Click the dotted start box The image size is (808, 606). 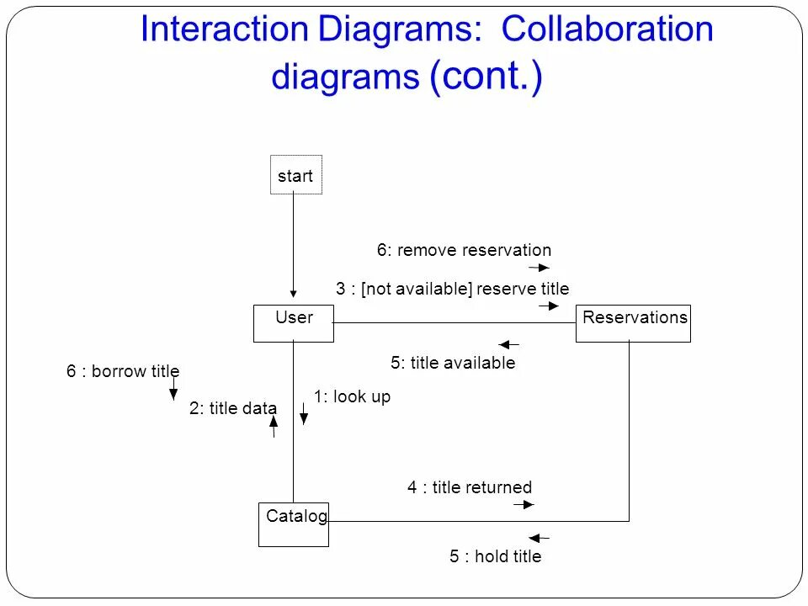[295, 175]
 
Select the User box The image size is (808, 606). [294, 323]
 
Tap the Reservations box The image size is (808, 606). [633, 323]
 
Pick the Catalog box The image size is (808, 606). [294, 523]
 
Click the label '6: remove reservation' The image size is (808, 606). [464, 250]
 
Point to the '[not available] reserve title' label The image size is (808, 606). [465, 289]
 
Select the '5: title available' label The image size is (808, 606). [453, 363]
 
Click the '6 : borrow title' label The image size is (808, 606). [123, 371]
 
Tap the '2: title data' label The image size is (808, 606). [233, 408]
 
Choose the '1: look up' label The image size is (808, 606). [352, 396]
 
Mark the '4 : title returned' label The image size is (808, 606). [470, 487]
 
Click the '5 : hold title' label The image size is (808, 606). [495, 556]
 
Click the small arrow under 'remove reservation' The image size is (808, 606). [540, 268]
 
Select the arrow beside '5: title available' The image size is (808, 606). [509, 344]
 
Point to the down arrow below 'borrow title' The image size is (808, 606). [173, 389]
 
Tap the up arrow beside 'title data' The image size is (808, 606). [274, 426]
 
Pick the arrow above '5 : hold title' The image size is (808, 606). [539, 537]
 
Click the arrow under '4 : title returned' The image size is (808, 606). [524, 505]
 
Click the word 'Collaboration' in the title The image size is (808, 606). [608, 30]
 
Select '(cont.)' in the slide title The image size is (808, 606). [486, 77]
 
